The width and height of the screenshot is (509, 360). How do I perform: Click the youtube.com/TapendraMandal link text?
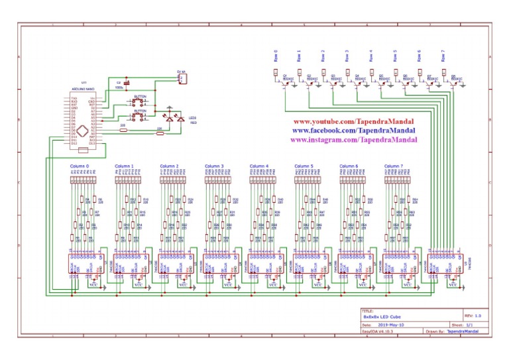pyautogui.click(x=353, y=123)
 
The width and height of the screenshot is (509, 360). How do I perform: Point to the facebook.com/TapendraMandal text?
pyautogui.click(x=353, y=131)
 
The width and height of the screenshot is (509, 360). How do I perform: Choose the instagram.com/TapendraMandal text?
pyautogui.click(x=353, y=140)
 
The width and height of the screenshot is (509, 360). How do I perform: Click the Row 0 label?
pyautogui.click(x=276, y=56)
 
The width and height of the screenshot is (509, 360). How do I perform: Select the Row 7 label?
pyautogui.click(x=443, y=56)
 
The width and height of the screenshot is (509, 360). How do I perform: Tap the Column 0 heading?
pyautogui.click(x=79, y=166)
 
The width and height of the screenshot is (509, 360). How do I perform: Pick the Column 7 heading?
pyautogui.click(x=394, y=166)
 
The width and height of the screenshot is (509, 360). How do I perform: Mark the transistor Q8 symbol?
pyautogui.click(x=450, y=80)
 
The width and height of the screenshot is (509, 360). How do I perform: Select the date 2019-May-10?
pyautogui.click(x=392, y=325)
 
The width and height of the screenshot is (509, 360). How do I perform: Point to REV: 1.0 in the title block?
pyautogui.click(x=473, y=316)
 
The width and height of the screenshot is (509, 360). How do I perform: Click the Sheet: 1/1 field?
pyautogui.click(x=472, y=325)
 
